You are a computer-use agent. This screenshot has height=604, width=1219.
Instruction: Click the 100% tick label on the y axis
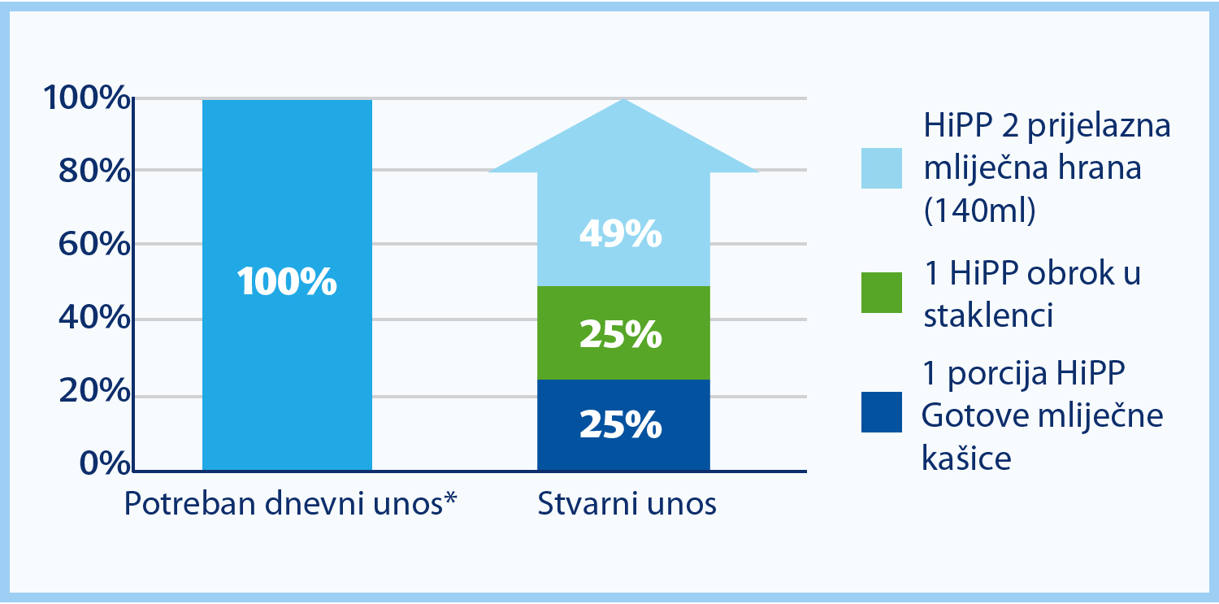(87, 98)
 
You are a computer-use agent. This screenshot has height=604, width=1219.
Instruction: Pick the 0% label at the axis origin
(106, 463)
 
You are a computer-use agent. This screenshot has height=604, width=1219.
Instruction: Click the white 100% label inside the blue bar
(287, 281)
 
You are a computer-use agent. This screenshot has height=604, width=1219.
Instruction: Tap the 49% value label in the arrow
(621, 234)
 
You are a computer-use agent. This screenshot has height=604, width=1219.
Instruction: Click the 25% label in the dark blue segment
(621, 424)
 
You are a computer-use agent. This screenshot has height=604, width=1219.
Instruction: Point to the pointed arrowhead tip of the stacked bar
(623, 99)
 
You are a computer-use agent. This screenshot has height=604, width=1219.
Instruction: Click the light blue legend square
(882, 168)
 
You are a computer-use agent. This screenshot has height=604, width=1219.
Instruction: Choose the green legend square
(882, 293)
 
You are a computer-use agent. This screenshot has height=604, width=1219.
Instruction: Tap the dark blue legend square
(882, 412)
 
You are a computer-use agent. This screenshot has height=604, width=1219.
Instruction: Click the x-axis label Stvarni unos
(627, 503)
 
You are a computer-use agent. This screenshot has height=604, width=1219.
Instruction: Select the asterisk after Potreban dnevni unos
(450, 498)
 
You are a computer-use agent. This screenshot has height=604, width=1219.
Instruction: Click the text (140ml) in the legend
(979, 210)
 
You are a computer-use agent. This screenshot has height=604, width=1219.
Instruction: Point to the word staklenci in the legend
(988, 315)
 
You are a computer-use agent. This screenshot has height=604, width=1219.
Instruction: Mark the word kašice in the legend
(966, 458)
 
